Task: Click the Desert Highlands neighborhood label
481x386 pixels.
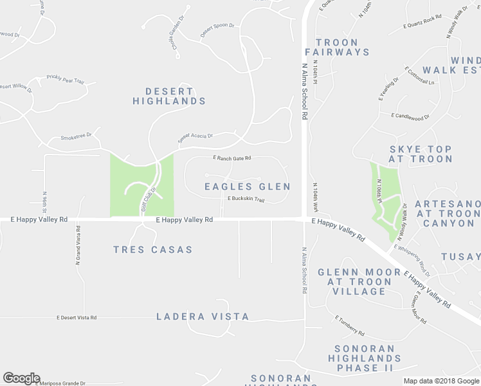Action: (x=169, y=96)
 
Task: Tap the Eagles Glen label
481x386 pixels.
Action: (x=248, y=187)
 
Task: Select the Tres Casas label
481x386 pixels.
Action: (x=152, y=250)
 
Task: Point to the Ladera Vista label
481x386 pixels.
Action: (x=203, y=317)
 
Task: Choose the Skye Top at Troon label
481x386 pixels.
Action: (x=421, y=154)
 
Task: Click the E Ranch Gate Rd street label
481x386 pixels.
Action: (x=232, y=158)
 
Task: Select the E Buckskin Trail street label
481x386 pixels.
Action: (x=246, y=199)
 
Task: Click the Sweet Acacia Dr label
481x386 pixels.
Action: (x=195, y=138)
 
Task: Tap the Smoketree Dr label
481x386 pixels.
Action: (x=77, y=136)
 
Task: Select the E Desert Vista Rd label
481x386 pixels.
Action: (x=77, y=317)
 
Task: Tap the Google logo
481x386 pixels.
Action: (x=21, y=378)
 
